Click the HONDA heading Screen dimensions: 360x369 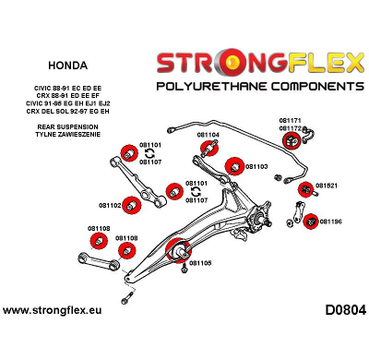(63, 66)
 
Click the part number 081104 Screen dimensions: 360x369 (208, 135)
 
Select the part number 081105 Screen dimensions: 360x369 (200, 262)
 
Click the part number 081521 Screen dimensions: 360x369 (326, 186)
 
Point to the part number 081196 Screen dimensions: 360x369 (330, 222)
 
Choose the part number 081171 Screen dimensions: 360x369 (291, 120)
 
